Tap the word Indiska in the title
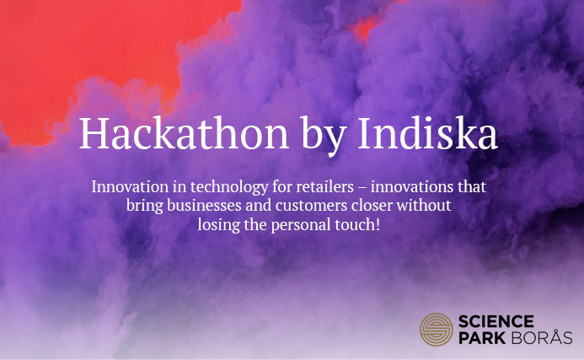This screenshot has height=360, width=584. pyautogui.click(x=427, y=133)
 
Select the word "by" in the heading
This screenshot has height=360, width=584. pyautogui.click(x=324, y=137)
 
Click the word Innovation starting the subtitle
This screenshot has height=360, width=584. pyautogui.click(x=130, y=186)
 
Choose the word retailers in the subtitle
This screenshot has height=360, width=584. pyautogui.click(x=324, y=186)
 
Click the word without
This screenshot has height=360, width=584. pyautogui.click(x=424, y=206)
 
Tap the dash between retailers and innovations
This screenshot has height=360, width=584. pyautogui.click(x=362, y=187)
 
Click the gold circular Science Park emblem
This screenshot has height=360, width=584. pyautogui.click(x=437, y=330)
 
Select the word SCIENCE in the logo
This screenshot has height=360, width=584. pyautogui.click(x=496, y=321)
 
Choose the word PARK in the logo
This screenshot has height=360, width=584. pyautogui.click(x=482, y=338)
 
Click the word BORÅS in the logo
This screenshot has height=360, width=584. pyautogui.click(x=542, y=337)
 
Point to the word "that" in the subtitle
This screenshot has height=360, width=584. pyautogui.click(x=472, y=186)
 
